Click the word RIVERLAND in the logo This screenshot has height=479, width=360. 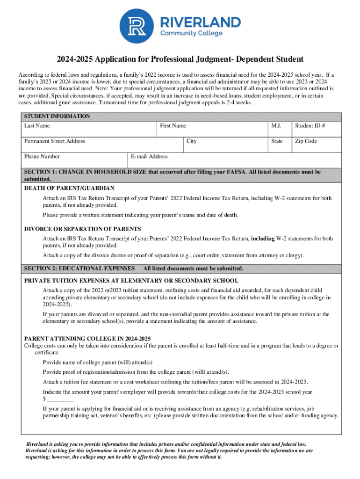coord(201,22)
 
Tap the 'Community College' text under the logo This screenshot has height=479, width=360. coord(191,34)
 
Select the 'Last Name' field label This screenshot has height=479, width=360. coord(37,126)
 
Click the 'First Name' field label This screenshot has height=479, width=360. coord(173,126)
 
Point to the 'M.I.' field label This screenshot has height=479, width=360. coord(276,126)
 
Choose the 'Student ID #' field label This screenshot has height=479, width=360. coord(310,126)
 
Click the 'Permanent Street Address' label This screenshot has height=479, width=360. coord(55,141)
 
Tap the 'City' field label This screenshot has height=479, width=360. coord(191,141)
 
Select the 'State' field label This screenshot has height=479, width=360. coord(277,141)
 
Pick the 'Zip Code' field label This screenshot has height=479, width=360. coord(306,141)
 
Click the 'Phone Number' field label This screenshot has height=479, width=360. coord(42,156)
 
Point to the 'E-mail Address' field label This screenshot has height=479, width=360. coord(149,156)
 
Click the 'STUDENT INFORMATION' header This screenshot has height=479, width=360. coord(57,116)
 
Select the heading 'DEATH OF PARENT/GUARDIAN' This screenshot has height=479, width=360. coord(69,188)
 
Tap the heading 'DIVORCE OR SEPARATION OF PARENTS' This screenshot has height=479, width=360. coord(82,229)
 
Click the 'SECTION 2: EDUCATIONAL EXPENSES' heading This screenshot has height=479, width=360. coord(79,269)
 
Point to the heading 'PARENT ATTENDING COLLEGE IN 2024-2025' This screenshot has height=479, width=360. coord(87,338)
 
